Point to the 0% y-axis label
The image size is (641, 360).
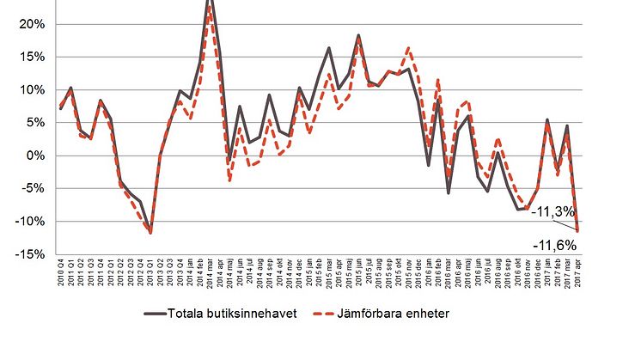(35, 156)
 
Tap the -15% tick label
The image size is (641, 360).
(29, 253)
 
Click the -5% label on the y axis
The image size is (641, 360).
(32, 188)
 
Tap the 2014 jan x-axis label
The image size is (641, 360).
(190, 277)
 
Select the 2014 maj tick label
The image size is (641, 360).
(229, 277)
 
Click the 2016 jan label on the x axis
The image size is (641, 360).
(429, 277)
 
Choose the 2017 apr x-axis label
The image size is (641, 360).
(577, 277)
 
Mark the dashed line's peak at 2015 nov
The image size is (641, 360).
(407, 47)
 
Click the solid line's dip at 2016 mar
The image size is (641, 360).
(448, 192)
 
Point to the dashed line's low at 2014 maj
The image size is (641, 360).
(229, 180)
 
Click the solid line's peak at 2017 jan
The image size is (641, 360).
(547, 120)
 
